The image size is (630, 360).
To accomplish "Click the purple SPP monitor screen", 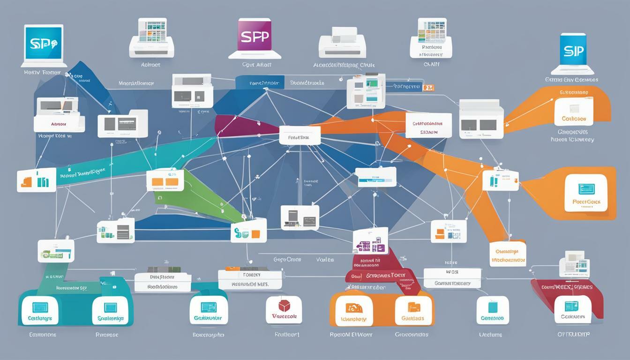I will [255, 37].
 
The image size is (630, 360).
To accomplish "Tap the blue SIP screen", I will [573, 51].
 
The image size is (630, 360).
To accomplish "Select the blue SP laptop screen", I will [43, 42].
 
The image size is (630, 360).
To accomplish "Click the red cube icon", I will [284, 306].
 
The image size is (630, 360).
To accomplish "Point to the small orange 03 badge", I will [428, 88].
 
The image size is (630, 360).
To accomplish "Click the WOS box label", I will [452, 272].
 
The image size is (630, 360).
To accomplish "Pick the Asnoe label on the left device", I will [59, 124].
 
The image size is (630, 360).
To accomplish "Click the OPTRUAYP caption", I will [573, 335].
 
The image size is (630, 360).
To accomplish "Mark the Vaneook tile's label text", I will [284, 317].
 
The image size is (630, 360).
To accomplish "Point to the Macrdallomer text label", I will [136, 83].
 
